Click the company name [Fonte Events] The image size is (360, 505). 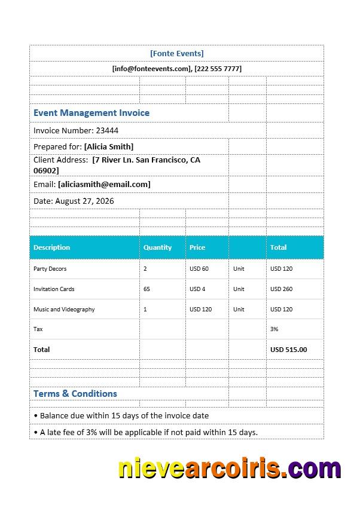pos(177,53)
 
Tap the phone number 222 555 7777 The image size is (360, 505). pos(218,69)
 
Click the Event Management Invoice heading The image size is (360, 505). pos(91,113)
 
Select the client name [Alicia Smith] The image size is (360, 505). pos(109,146)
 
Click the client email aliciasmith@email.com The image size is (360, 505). pos(104,184)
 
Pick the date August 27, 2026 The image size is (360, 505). pos(84,201)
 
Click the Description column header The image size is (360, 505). pos(51,247)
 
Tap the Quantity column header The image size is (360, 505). pos(157,247)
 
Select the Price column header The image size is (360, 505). pos(197,247)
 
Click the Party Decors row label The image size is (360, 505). pos(50,269)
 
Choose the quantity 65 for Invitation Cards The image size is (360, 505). pos(147,289)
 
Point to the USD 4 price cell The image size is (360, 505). pos(197,289)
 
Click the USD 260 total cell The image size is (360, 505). pos(281,289)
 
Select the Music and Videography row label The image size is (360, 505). pos(64,310)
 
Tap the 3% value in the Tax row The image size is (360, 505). pos(274,329)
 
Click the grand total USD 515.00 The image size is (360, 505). pos(288,350)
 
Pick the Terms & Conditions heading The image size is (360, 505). pos(75,394)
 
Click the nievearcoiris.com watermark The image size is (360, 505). pos(230,469)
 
